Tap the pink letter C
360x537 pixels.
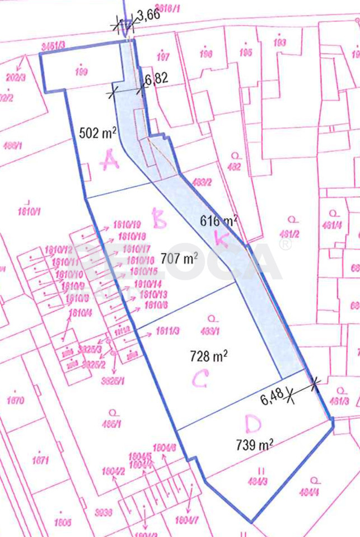[200, 379]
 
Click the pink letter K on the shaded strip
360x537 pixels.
[222, 239]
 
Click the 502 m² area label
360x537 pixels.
[98, 133]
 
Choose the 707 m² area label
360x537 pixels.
[179, 258]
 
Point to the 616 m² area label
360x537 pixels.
[219, 220]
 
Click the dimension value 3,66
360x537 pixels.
[148, 16]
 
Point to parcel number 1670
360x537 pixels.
[16, 401]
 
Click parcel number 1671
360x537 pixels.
[40, 461]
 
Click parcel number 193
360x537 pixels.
[280, 43]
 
